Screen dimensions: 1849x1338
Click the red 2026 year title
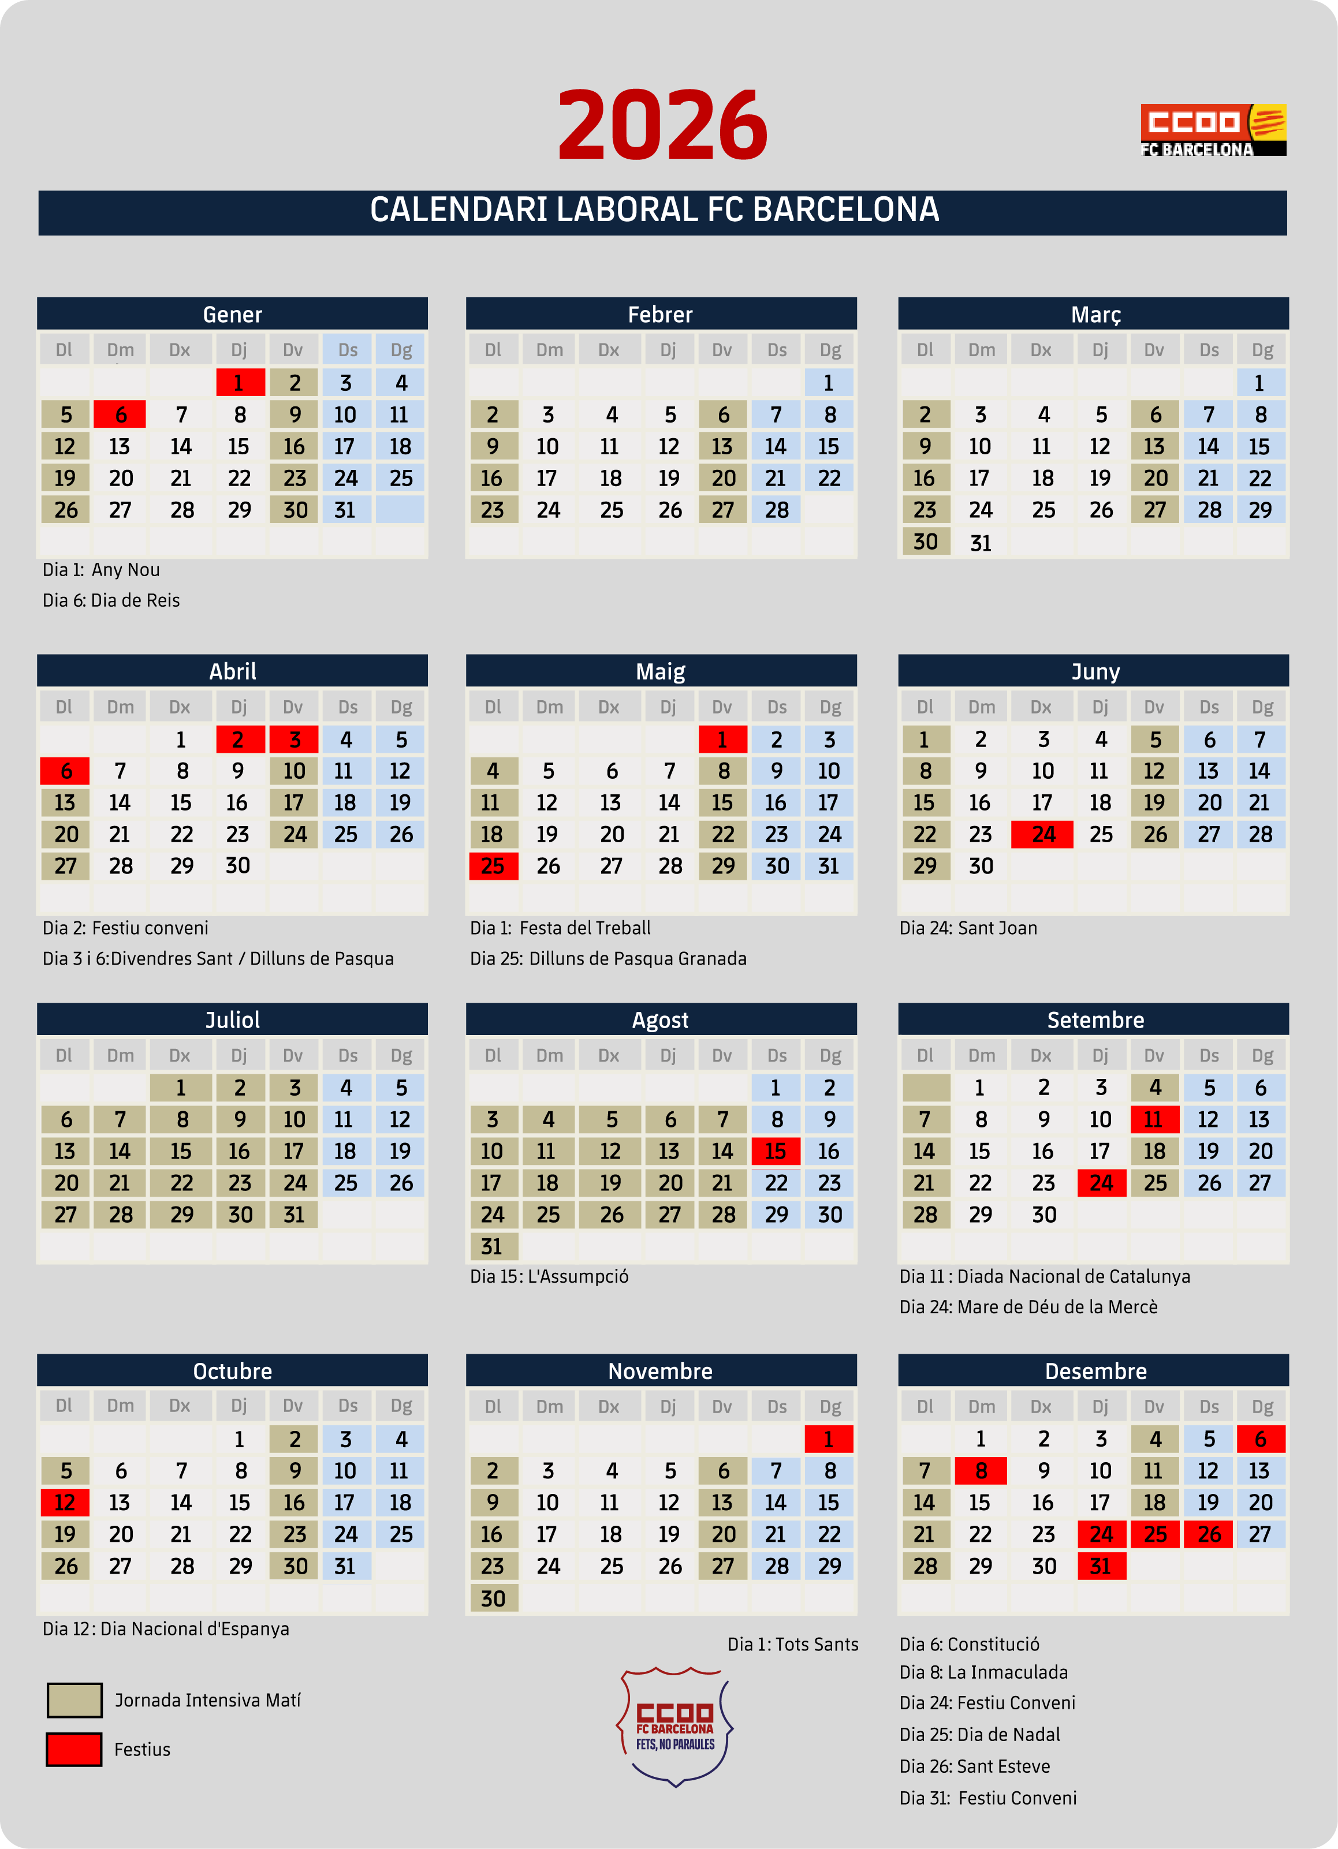click(x=662, y=125)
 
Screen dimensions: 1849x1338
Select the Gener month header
click(x=232, y=314)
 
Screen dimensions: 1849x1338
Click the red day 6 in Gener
click(x=120, y=414)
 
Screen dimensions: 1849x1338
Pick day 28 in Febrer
click(x=776, y=510)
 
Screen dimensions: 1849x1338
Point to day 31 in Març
click(x=980, y=542)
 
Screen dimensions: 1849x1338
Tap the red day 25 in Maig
click(x=493, y=866)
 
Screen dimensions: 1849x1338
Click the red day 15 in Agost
click(x=776, y=1151)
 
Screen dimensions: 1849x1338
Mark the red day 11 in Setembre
click(x=1154, y=1119)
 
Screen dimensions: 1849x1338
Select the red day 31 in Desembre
click(x=1101, y=1566)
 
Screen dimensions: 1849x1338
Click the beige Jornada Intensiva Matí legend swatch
click(x=74, y=1700)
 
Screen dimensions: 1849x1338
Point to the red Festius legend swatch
click(x=74, y=1749)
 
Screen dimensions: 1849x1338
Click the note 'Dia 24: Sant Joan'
click(x=968, y=928)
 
